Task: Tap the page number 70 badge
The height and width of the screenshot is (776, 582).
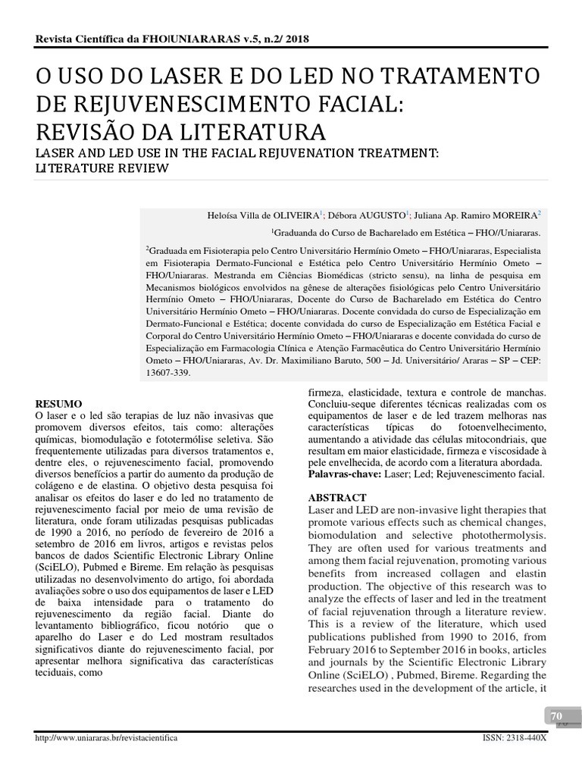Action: point(556,716)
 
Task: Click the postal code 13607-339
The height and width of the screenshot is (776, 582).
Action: point(168,373)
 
